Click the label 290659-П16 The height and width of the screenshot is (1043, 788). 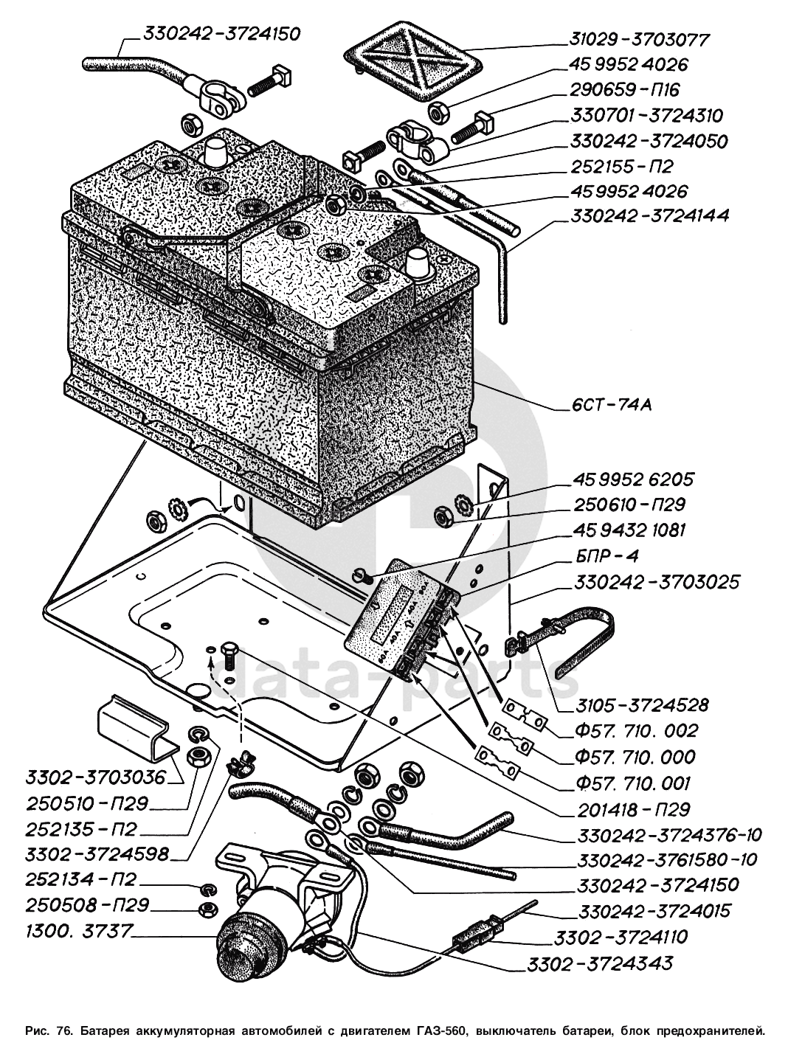pyautogui.click(x=624, y=90)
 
